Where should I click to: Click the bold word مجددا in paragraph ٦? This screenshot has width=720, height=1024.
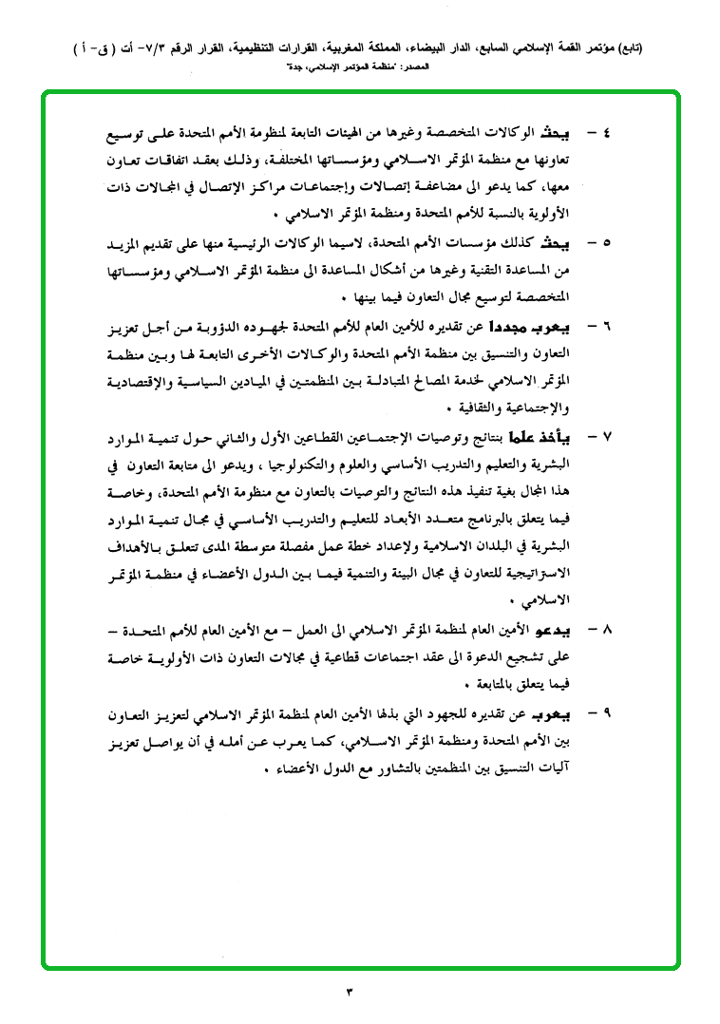click(510, 329)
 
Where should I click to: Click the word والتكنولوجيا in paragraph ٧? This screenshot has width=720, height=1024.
click(303, 464)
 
